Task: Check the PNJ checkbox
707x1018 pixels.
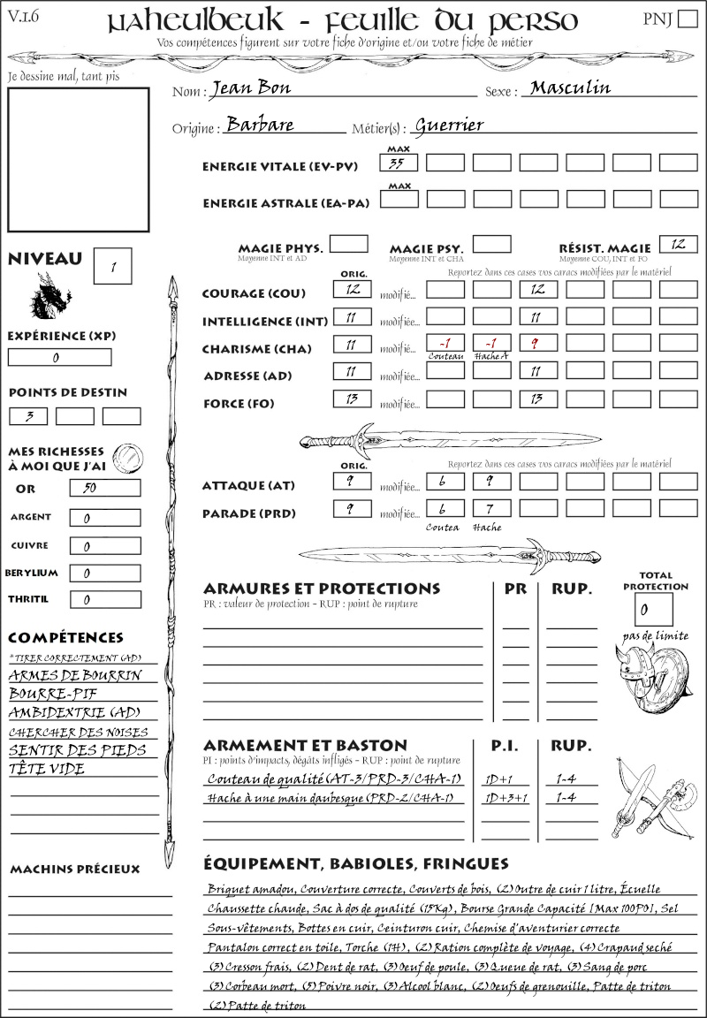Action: pyautogui.click(x=686, y=19)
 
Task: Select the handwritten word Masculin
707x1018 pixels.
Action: pyautogui.click(x=570, y=87)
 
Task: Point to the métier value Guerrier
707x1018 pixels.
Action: pyautogui.click(x=449, y=125)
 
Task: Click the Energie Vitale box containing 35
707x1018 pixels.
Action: pyautogui.click(x=399, y=163)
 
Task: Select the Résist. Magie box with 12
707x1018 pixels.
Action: pyautogui.click(x=678, y=244)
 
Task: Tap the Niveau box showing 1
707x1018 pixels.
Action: pyautogui.click(x=113, y=265)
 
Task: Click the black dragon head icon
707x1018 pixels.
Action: pyautogui.click(x=50, y=296)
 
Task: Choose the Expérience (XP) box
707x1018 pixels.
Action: pyautogui.click(x=60, y=357)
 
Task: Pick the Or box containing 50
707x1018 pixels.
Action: pyautogui.click(x=104, y=488)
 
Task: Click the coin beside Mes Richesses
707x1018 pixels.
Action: pyautogui.click(x=128, y=457)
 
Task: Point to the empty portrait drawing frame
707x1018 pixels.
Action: pyautogui.click(x=78, y=158)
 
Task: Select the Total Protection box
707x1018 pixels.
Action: pyautogui.click(x=653, y=610)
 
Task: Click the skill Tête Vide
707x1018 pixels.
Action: pyautogui.click(x=47, y=769)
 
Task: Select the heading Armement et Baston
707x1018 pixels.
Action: pyautogui.click(x=305, y=745)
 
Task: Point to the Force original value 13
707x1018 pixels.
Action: pyautogui.click(x=352, y=399)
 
